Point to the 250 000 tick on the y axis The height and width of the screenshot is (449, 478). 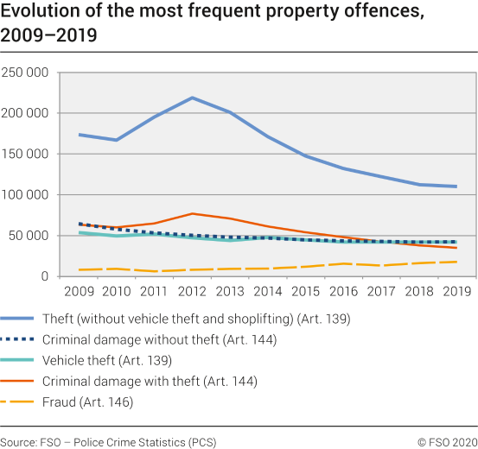pyautogui.click(x=25, y=73)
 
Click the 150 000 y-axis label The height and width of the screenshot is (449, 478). pyautogui.click(x=25, y=154)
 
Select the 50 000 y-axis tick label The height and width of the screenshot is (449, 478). pyautogui.click(x=29, y=236)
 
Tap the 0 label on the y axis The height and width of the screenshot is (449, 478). pyautogui.click(x=45, y=276)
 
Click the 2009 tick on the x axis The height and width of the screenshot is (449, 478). pyautogui.click(x=80, y=291)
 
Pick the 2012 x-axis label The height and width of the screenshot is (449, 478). pyautogui.click(x=192, y=291)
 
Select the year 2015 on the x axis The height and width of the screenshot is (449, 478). pyautogui.click(x=305, y=291)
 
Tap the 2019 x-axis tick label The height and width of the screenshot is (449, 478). pyautogui.click(x=456, y=291)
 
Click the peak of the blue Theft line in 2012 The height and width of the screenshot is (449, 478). pyautogui.click(x=192, y=98)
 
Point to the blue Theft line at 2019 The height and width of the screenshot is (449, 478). pyautogui.click(x=456, y=187)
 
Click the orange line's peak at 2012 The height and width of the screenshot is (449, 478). pyautogui.click(x=192, y=213)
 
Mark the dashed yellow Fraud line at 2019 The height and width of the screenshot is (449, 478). pyautogui.click(x=456, y=262)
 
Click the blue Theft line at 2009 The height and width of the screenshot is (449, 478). pyautogui.click(x=80, y=135)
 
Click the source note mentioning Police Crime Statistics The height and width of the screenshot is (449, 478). pyautogui.click(x=108, y=441)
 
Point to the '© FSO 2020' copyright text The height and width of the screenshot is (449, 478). pyautogui.click(x=447, y=441)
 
